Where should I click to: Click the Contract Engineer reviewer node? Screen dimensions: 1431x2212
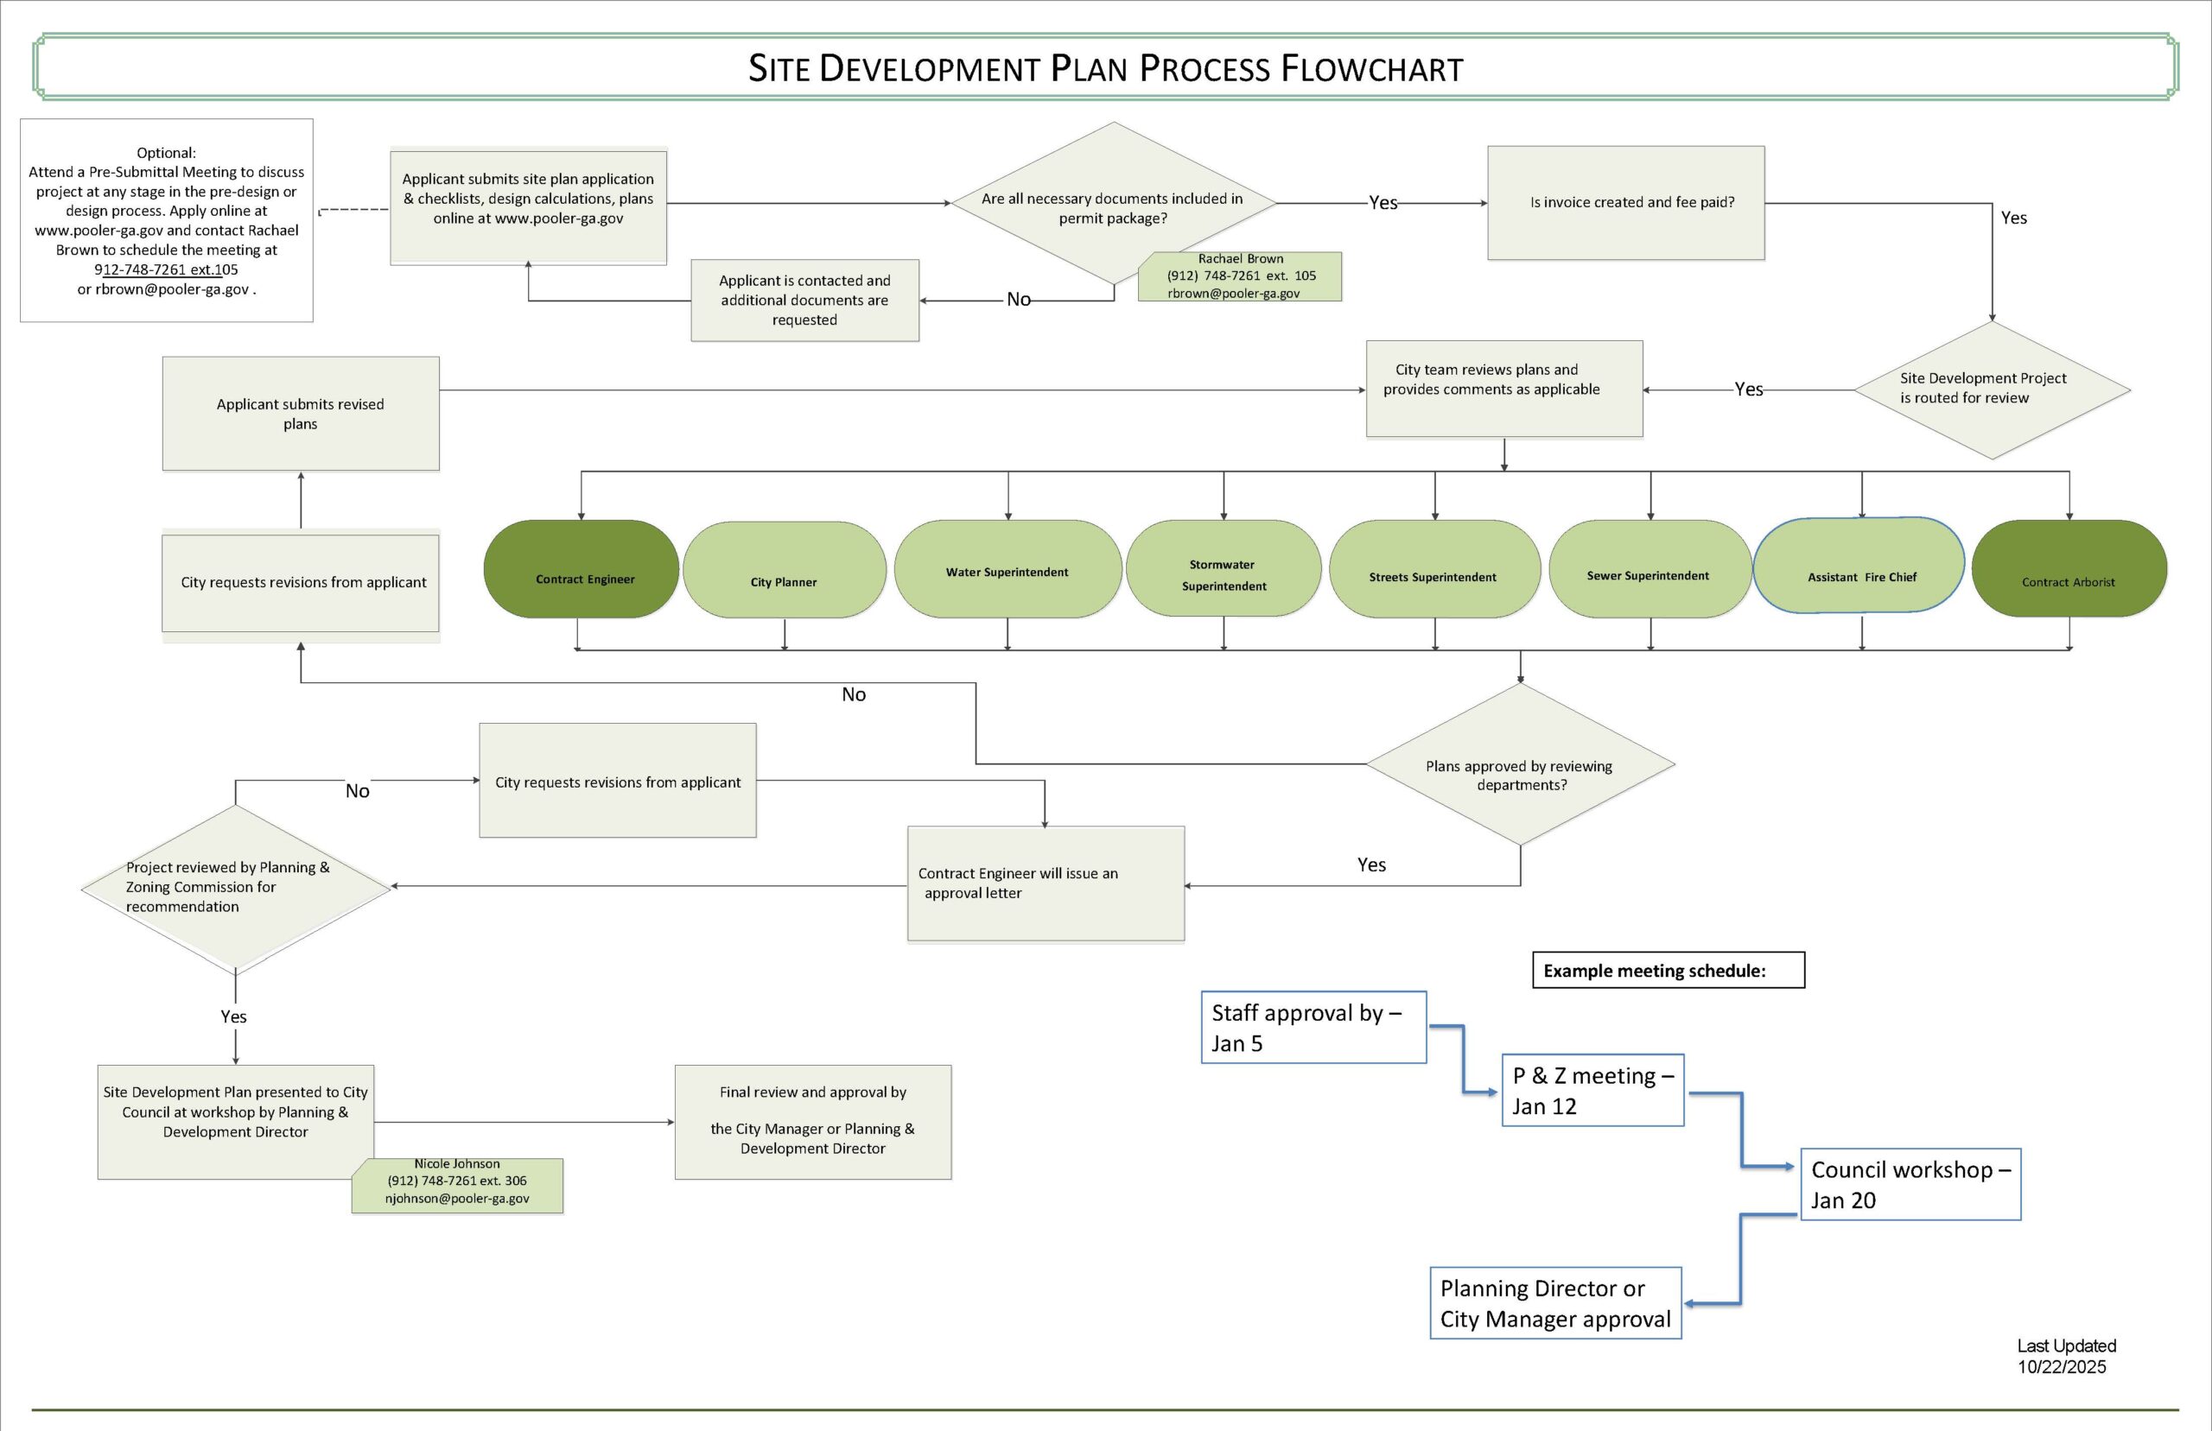pyautogui.click(x=582, y=568)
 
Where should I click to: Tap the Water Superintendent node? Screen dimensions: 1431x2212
pyautogui.click(x=1007, y=568)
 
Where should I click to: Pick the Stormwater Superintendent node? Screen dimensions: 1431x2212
pyautogui.click(x=1224, y=568)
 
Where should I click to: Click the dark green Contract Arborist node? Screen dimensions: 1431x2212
pyautogui.click(x=2069, y=568)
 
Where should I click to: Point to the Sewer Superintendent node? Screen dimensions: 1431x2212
pyautogui.click(x=1649, y=568)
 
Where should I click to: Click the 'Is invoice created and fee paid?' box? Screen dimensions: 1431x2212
pyautogui.click(x=1625, y=203)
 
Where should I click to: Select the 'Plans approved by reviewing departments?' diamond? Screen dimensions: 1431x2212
pyautogui.click(x=1521, y=765)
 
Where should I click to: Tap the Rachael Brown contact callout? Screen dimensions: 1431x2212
pyautogui.click(x=1240, y=276)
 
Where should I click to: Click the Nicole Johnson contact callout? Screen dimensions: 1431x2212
pyautogui.click(x=457, y=1185)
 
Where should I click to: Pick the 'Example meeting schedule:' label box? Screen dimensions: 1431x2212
pyautogui.click(x=1668, y=970)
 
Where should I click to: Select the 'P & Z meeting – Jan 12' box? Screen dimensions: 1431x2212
pyautogui.click(x=1592, y=1090)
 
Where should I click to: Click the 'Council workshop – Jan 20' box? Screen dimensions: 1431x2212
pyautogui.click(x=1910, y=1184)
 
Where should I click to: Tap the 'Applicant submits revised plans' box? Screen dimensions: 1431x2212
pyautogui.click(x=300, y=414)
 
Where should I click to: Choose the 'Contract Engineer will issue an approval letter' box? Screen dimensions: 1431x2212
pyautogui.click(x=1046, y=883)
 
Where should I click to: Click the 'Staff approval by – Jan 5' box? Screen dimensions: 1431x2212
pyautogui.click(x=1313, y=1027)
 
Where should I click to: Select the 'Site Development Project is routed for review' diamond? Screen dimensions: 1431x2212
pyautogui.click(x=1991, y=389)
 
